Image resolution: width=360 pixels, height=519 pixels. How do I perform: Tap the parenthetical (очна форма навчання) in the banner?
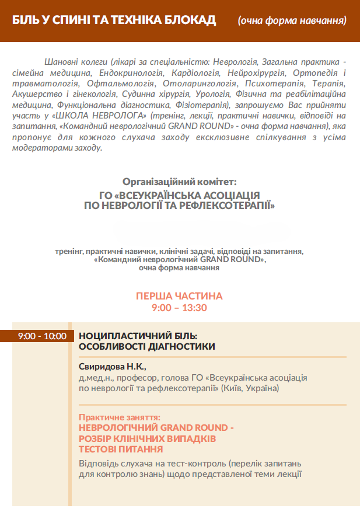pyautogui.click(x=292, y=20)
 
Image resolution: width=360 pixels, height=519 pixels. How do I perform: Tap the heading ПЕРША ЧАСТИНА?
pyautogui.click(x=179, y=296)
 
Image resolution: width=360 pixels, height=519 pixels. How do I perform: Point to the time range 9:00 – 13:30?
pyautogui.click(x=179, y=308)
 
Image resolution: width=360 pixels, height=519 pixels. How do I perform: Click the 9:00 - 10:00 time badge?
pyautogui.click(x=41, y=336)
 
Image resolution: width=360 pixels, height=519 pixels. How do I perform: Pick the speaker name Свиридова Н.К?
pyautogui.click(x=112, y=367)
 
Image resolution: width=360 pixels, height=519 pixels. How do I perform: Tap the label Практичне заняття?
pyautogui.click(x=119, y=417)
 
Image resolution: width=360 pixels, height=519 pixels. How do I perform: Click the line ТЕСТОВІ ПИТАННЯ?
pyautogui.click(x=120, y=449)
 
